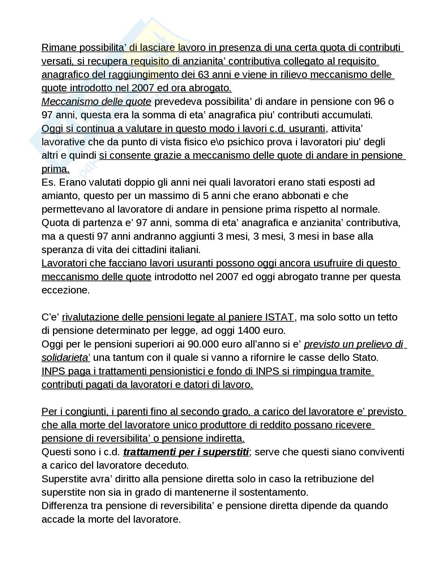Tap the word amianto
coord(61,196)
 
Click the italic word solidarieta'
coord(66,357)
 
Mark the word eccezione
coord(66,290)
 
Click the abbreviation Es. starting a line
coord(48,182)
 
